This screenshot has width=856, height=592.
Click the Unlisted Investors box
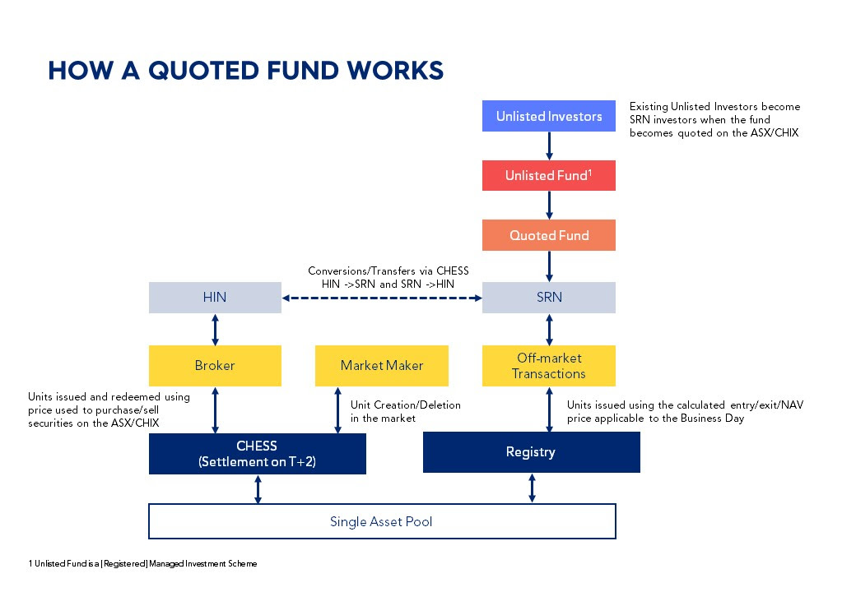tap(548, 116)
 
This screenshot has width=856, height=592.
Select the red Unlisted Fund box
tap(548, 175)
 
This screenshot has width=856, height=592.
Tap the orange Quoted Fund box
tap(548, 235)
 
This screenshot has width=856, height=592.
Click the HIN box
tap(215, 298)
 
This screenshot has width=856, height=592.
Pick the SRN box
tap(548, 298)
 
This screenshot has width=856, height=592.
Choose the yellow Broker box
tap(215, 365)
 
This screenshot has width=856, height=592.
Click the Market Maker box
tap(382, 365)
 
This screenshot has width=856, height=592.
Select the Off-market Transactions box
tap(548, 365)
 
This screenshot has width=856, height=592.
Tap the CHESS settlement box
tap(257, 454)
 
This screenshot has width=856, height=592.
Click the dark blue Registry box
tap(531, 452)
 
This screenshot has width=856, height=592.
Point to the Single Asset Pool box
tap(381, 521)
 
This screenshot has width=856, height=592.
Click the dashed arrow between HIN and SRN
tap(381, 298)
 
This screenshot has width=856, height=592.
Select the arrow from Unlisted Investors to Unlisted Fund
tap(549, 146)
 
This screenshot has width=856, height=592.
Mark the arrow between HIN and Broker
tap(215, 329)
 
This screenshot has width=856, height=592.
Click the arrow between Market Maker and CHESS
tap(337, 410)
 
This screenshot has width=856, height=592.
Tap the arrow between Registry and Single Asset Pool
tap(532, 488)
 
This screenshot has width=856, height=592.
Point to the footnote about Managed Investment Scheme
tap(143, 564)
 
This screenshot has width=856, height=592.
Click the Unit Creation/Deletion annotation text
tap(406, 411)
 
